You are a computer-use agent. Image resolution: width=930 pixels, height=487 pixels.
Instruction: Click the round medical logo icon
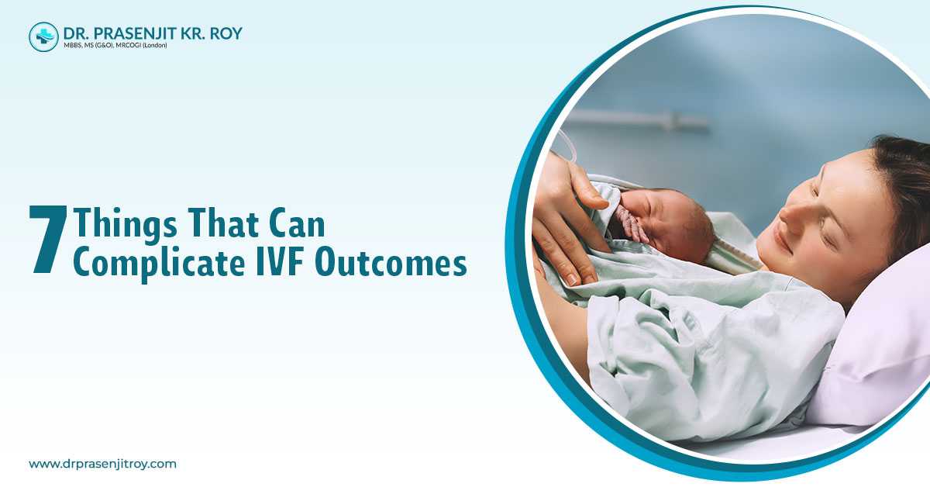43,37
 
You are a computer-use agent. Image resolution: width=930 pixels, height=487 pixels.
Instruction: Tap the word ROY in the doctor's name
226,33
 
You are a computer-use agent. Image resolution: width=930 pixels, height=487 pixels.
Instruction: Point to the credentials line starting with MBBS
115,45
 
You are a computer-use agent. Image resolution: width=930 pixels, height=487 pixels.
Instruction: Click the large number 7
48,240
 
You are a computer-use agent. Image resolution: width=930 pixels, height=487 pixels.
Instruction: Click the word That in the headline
223,223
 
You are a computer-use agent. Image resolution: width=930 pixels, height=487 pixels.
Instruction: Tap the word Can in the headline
297,223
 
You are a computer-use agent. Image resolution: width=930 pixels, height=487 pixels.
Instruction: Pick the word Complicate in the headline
159,264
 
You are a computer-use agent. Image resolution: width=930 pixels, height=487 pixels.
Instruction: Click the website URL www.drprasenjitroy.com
102,464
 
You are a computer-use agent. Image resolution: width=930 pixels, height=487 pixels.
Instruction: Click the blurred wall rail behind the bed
635,120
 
